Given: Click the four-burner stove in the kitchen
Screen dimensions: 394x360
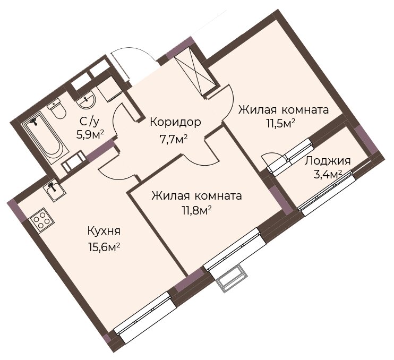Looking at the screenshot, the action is pyautogui.click(x=41, y=219).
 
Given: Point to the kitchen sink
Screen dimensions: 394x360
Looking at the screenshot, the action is pyautogui.click(x=54, y=191).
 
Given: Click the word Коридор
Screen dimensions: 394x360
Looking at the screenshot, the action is pyautogui.click(x=175, y=122).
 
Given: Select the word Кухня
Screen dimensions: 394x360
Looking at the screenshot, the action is pyautogui.click(x=104, y=232).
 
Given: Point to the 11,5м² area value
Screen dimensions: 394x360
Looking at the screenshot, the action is pyautogui.click(x=281, y=124).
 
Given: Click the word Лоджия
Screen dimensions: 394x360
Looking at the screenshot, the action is pyautogui.click(x=328, y=161).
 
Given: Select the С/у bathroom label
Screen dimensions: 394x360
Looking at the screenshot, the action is pyautogui.click(x=90, y=122).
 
